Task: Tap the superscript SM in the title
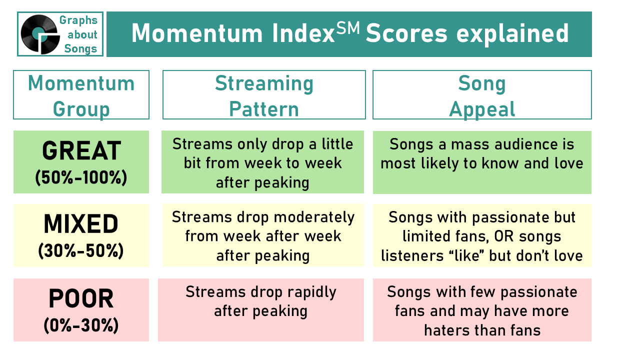(x=347, y=28)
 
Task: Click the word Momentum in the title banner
(x=197, y=33)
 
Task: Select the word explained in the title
(x=512, y=34)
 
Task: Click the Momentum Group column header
(x=81, y=95)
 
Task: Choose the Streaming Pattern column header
(x=264, y=95)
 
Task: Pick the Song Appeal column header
(x=482, y=95)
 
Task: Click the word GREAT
(x=81, y=150)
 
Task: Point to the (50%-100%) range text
(x=81, y=177)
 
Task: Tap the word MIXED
(x=81, y=223)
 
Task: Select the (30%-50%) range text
(x=81, y=251)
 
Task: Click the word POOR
(x=81, y=298)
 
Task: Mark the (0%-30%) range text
(x=81, y=325)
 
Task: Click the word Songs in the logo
(x=80, y=48)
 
